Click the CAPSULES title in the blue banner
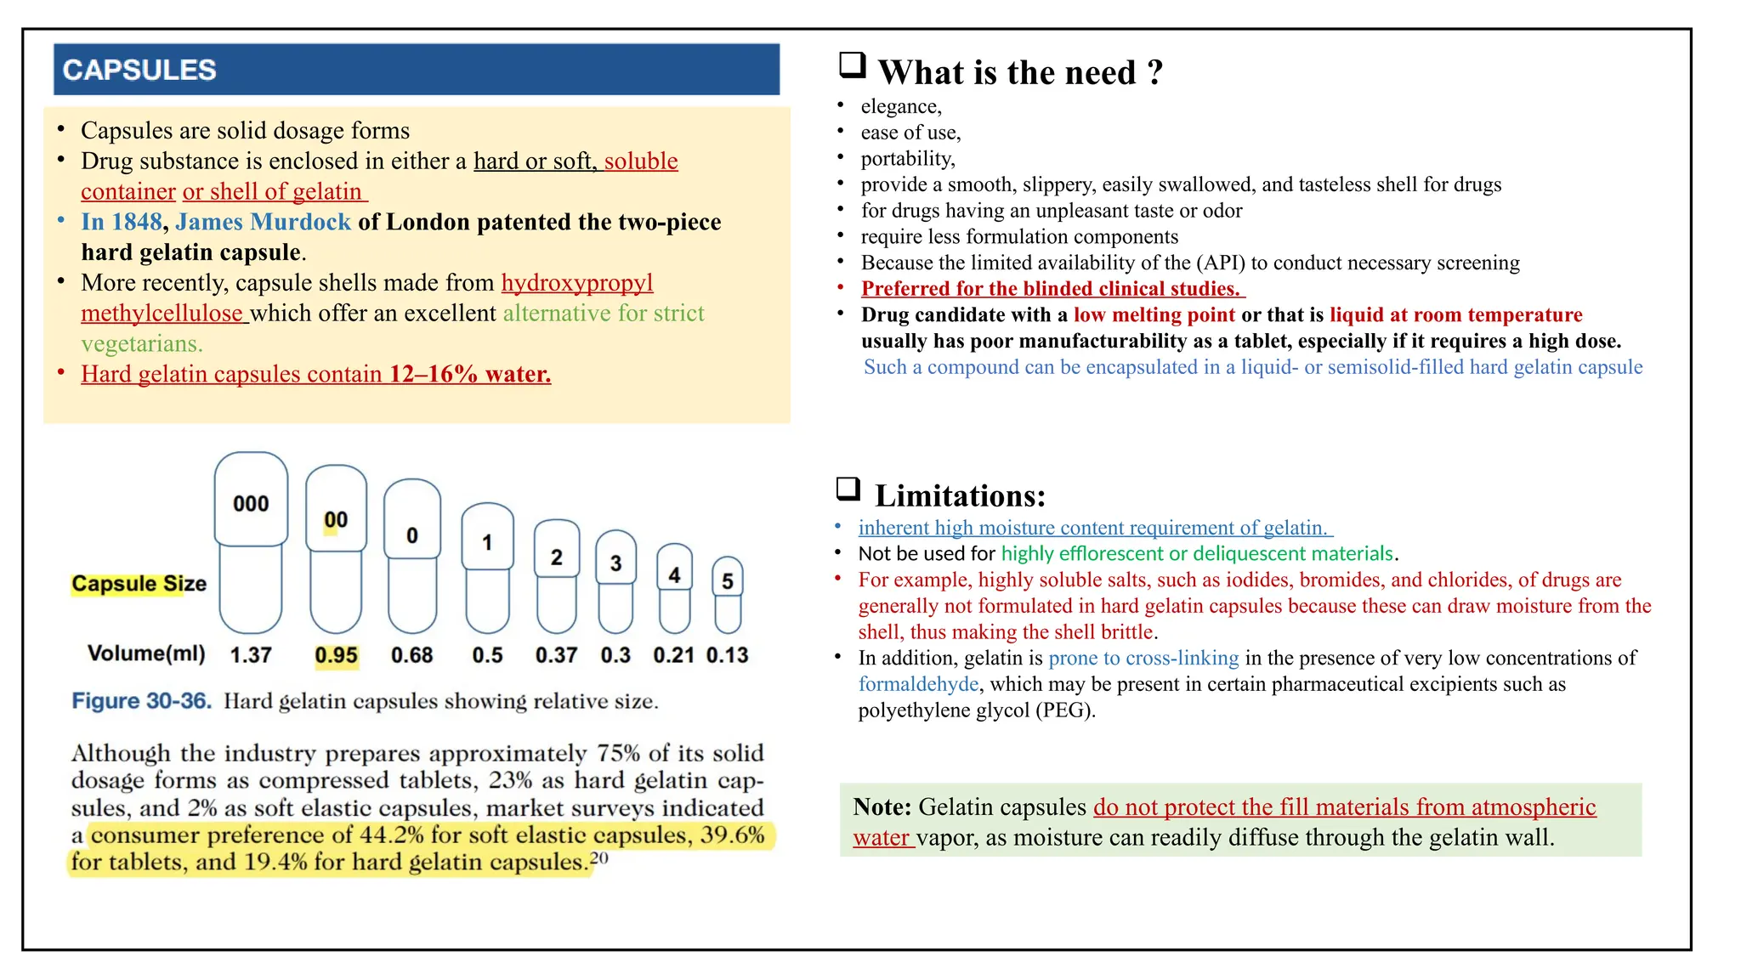coord(139,70)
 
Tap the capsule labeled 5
coord(728,594)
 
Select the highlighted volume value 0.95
coord(337,655)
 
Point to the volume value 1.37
coord(251,655)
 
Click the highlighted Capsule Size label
coord(139,584)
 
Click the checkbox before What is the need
coord(852,65)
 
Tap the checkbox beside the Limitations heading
coord(848,489)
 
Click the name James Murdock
coord(263,223)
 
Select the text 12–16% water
coord(469,374)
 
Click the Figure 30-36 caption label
coord(141,701)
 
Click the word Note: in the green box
coord(882,806)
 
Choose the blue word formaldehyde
coord(918,684)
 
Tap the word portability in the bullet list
coord(907,159)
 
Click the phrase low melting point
coord(1154,315)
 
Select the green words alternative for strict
coord(604,314)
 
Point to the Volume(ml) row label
coord(146,654)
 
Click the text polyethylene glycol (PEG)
coord(976,710)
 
